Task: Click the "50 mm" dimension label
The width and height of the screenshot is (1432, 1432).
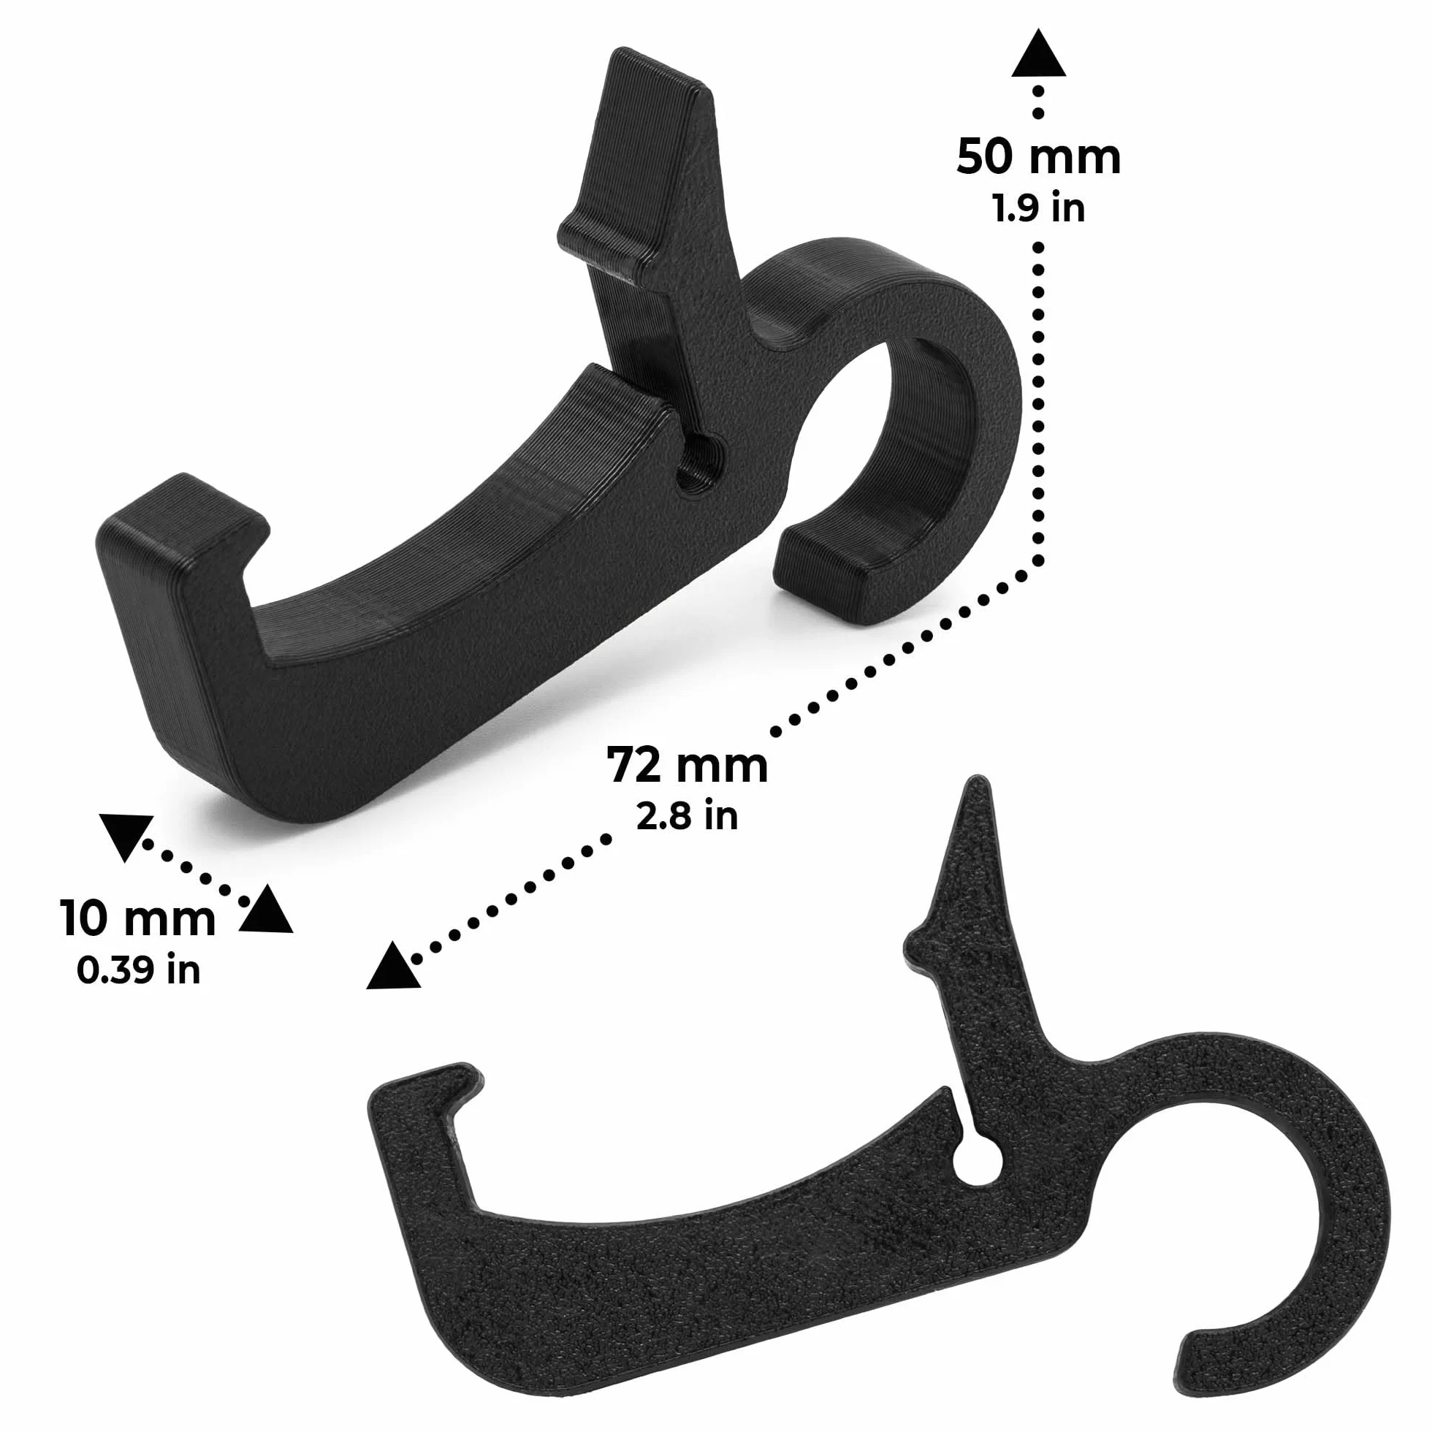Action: coord(1038,157)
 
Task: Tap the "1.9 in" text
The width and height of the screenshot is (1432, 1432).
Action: coord(1039,208)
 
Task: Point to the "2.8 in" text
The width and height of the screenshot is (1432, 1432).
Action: coord(687,815)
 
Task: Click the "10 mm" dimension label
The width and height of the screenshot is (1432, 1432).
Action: coord(138,918)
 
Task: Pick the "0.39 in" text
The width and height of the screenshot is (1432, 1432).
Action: coord(139,970)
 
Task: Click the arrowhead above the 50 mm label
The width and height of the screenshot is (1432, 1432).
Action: coord(1039,53)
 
